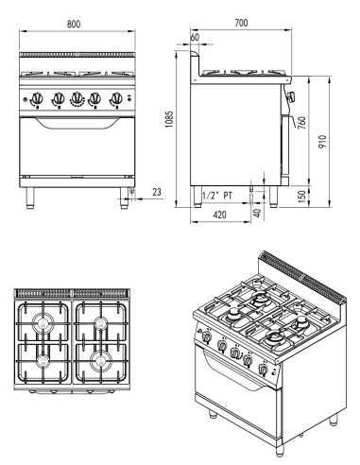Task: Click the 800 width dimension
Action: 74,22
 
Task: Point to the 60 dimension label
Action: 196,38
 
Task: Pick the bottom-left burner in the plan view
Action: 43,360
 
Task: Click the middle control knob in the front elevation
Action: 75,97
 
